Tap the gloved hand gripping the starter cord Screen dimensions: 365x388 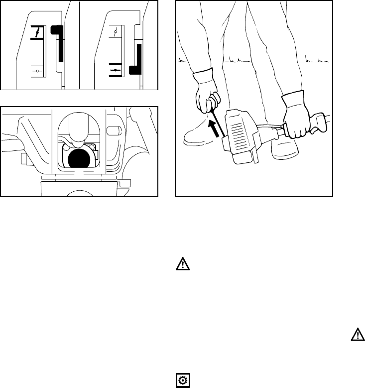tap(205, 97)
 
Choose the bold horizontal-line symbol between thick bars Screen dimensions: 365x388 tap(116, 71)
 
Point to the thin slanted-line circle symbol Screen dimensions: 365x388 tap(116, 32)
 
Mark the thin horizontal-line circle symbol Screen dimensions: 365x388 tap(38, 71)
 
